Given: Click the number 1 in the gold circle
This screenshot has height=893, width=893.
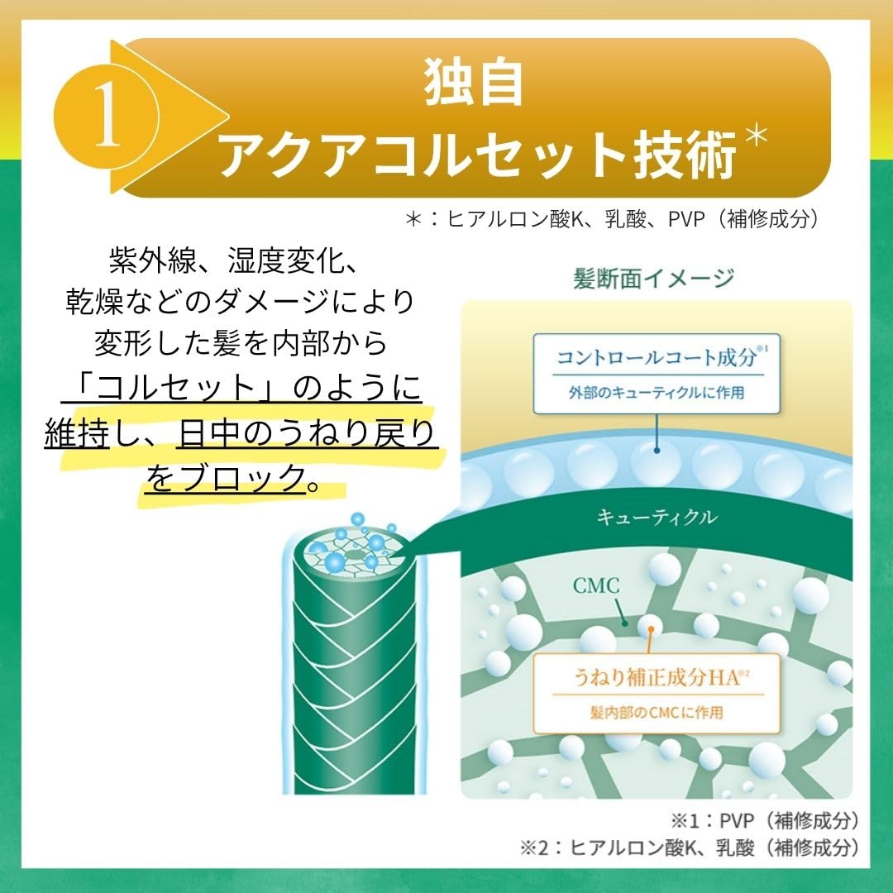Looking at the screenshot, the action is (x=108, y=115).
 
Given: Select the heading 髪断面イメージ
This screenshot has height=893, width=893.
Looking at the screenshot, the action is (x=653, y=279).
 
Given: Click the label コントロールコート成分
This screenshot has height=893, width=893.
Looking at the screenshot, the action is (x=657, y=357).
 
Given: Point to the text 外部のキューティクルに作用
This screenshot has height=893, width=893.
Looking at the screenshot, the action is (x=656, y=393).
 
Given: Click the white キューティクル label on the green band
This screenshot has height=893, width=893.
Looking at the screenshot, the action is (x=657, y=517).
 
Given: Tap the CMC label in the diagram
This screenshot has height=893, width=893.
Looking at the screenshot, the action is (x=595, y=585).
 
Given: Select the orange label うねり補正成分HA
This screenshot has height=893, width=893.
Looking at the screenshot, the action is (x=657, y=678).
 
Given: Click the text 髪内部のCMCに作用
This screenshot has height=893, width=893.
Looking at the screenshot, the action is (x=656, y=712).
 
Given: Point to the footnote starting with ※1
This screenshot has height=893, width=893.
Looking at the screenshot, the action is (x=764, y=820).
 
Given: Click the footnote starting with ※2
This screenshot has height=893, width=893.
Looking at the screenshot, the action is (x=689, y=848).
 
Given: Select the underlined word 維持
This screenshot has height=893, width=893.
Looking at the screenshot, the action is (x=77, y=432).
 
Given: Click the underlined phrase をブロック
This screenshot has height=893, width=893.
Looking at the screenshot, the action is (x=226, y=476).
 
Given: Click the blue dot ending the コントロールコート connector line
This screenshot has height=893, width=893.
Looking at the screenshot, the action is (x=657, y=450).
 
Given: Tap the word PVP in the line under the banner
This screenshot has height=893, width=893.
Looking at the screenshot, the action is (x=687, y=219).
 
